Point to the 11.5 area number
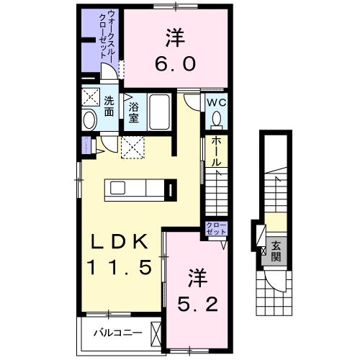click(x=120, y=268)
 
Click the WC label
click(x=217, y=102)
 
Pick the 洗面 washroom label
click(x=109, y=106)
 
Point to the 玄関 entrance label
click(x=276, y=251)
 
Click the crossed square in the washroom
click(x=91, y=98)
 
